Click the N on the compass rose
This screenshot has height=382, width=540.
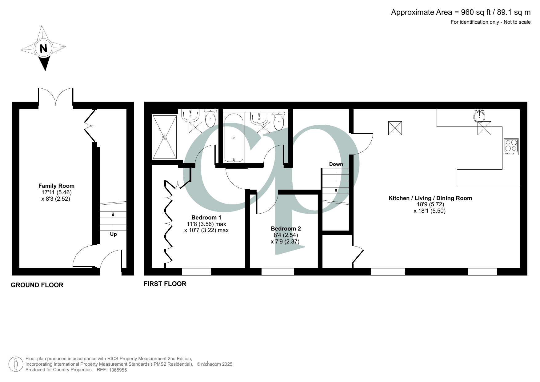coord(43,49)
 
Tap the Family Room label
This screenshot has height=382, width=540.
coord(56,186)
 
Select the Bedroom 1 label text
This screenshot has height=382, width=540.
coord(206,218)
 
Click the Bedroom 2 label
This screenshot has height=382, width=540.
coord(286,229)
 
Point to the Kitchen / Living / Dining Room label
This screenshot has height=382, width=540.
coord(430,198)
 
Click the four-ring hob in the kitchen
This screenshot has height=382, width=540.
coord(511,147)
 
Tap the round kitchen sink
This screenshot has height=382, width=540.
coord(479,116)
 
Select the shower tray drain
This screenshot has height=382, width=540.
coord(165,137)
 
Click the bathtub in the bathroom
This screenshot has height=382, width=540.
coord(234,138)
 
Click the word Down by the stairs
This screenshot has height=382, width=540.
coord(336,164)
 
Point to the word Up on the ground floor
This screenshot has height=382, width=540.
coord(113,234)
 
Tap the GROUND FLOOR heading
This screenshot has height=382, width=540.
coord(37,285)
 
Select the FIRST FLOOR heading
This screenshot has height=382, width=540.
coord(165,284)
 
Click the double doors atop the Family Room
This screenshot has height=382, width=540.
coord(56,97)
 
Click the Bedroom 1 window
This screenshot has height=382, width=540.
coord(196,271)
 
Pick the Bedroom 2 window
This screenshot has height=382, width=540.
coord(278,271)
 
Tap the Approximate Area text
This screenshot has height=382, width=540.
coord(461,12)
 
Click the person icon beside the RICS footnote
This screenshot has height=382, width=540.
coord(15,364)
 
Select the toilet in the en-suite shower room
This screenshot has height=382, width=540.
coord(210,119)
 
